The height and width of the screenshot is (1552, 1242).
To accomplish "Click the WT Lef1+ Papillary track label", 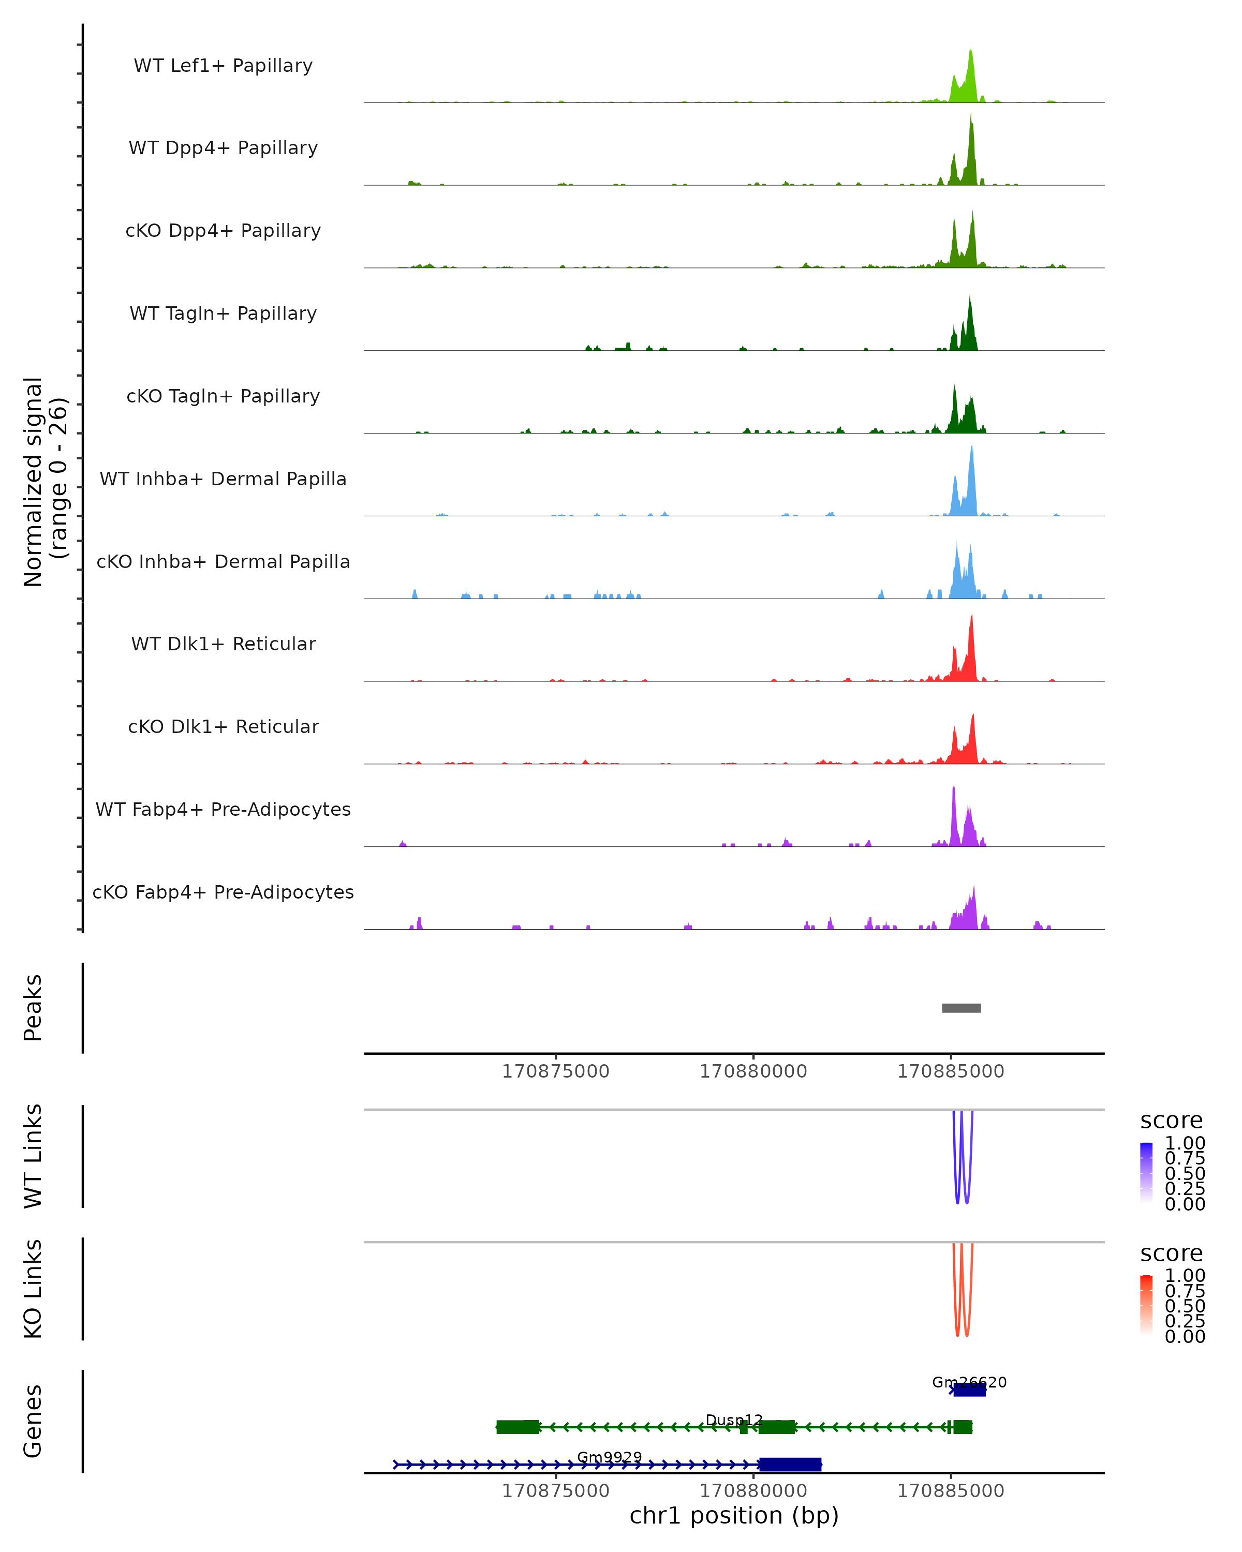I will pos(223,66).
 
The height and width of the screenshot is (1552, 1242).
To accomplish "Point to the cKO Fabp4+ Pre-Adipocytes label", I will pos(223,892).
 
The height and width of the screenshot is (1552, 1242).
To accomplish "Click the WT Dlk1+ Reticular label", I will pos(223,644).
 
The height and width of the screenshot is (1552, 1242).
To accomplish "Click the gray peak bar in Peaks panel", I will pos(961,1008).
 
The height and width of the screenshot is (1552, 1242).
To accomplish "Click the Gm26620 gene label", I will pos(969,1382).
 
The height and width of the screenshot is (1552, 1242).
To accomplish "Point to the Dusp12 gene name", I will pos(734,1420).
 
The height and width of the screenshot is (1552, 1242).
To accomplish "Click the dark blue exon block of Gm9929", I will pos(790,1464).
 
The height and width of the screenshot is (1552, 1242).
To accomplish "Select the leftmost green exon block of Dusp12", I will pos(517,1427).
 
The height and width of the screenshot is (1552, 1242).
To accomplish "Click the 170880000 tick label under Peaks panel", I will pos(753,1071).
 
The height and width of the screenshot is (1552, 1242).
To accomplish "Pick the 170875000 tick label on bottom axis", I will pos(555,1491).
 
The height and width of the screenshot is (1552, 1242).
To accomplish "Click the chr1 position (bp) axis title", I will pos(734,1515).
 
